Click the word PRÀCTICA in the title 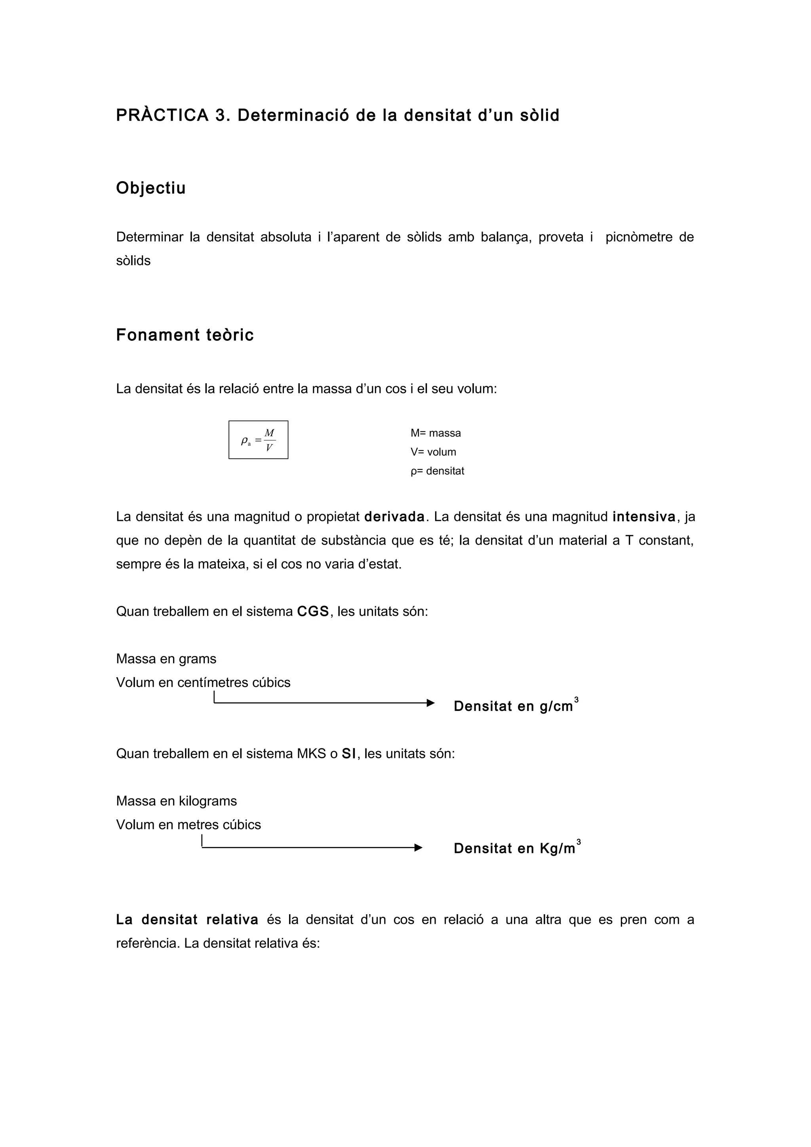coord(162,116)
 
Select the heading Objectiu coord(151,188)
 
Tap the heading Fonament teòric coord(185,335)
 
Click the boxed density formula coord(258,440)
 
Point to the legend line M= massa coord(436,433)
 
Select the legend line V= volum coord(433,452)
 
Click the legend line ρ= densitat coord(437,471)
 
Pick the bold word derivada coord(394,517)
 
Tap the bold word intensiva coord(643,517)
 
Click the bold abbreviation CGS coord(313,611)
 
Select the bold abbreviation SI coord(349,754)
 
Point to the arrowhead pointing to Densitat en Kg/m coord(418,848)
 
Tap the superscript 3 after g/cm coord(576,700)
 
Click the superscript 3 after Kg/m coord(579,842)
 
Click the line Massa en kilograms coord(176,801)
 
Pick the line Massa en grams coord(166,659)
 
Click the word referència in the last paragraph coord(147,943)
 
